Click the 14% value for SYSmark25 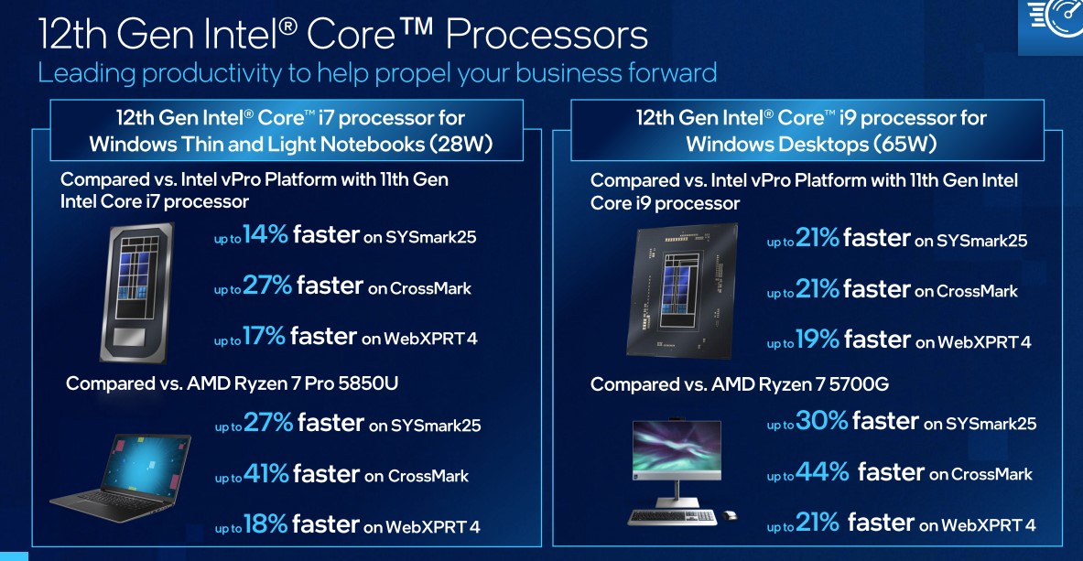tap(265, 235)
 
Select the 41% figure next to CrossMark tap(265, 474)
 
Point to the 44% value tap(822, 472)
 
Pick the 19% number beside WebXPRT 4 tap(818, 340)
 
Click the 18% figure tap(265, 525)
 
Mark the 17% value tap(265, 338)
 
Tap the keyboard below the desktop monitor tap(672, 514)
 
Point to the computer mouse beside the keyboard tap(729, 514)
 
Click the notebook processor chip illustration tap(136, 292)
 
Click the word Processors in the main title tap(547, 36)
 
